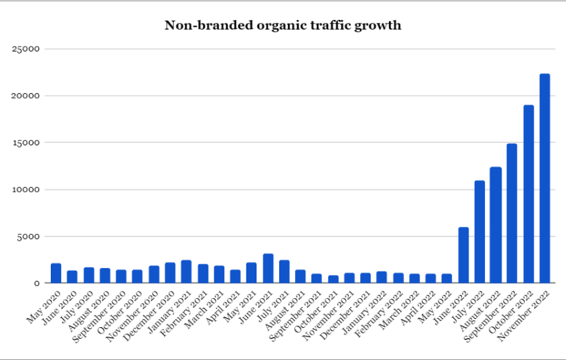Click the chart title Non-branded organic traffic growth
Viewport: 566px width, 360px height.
[x=283, y=26]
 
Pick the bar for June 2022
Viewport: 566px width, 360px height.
[x=464, y=255]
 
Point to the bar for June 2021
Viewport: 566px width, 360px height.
[x=268, y=268]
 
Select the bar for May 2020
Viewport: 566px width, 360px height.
[x=56, y=273]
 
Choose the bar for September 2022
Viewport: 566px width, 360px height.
[x=512, y=213]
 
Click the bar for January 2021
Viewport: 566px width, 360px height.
[x=187, y=272]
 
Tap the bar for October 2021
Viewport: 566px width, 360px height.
[x=333, y=279]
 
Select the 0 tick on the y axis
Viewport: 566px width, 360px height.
[x=37, y=283]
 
